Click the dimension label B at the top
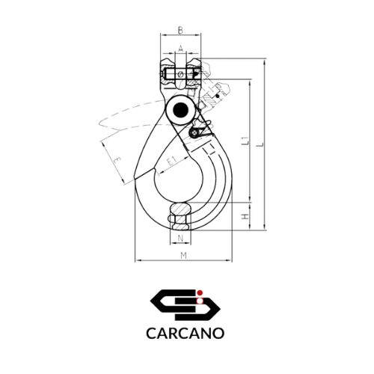pyautogui.click(x=180, y=31)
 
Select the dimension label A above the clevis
pyautogui.click(x=181, y=48)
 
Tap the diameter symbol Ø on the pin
pyautogui.click(x=180, y=74)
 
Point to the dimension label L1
pyautogui.click(x=246, y=141)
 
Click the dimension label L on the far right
pyautogui.click(x=260, y=144)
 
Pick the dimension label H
pyautogui.click(x=246, y=216)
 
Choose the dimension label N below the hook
pyautogui.click(x=180, y=239)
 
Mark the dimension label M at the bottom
pyautogui.click(x=184, y=255)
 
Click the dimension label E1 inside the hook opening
pyautogui.click(x=171, y=162)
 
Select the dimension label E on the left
pyautogui.click(x=117, y=161)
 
